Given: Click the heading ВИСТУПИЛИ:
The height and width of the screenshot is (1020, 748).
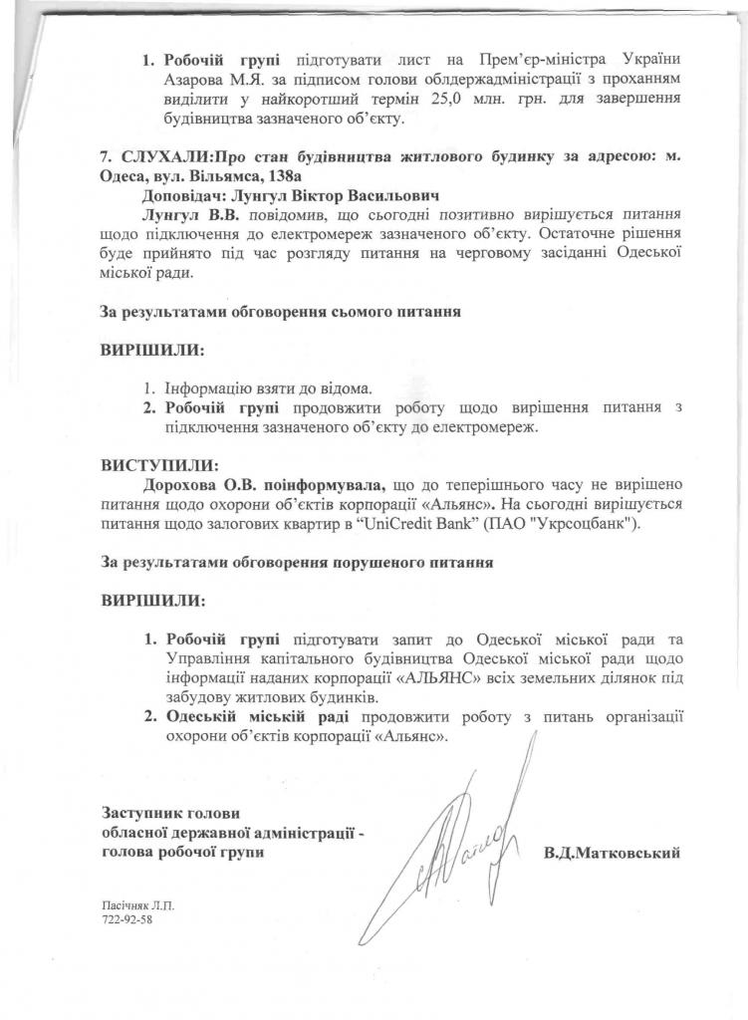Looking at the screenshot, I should point(158,464).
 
